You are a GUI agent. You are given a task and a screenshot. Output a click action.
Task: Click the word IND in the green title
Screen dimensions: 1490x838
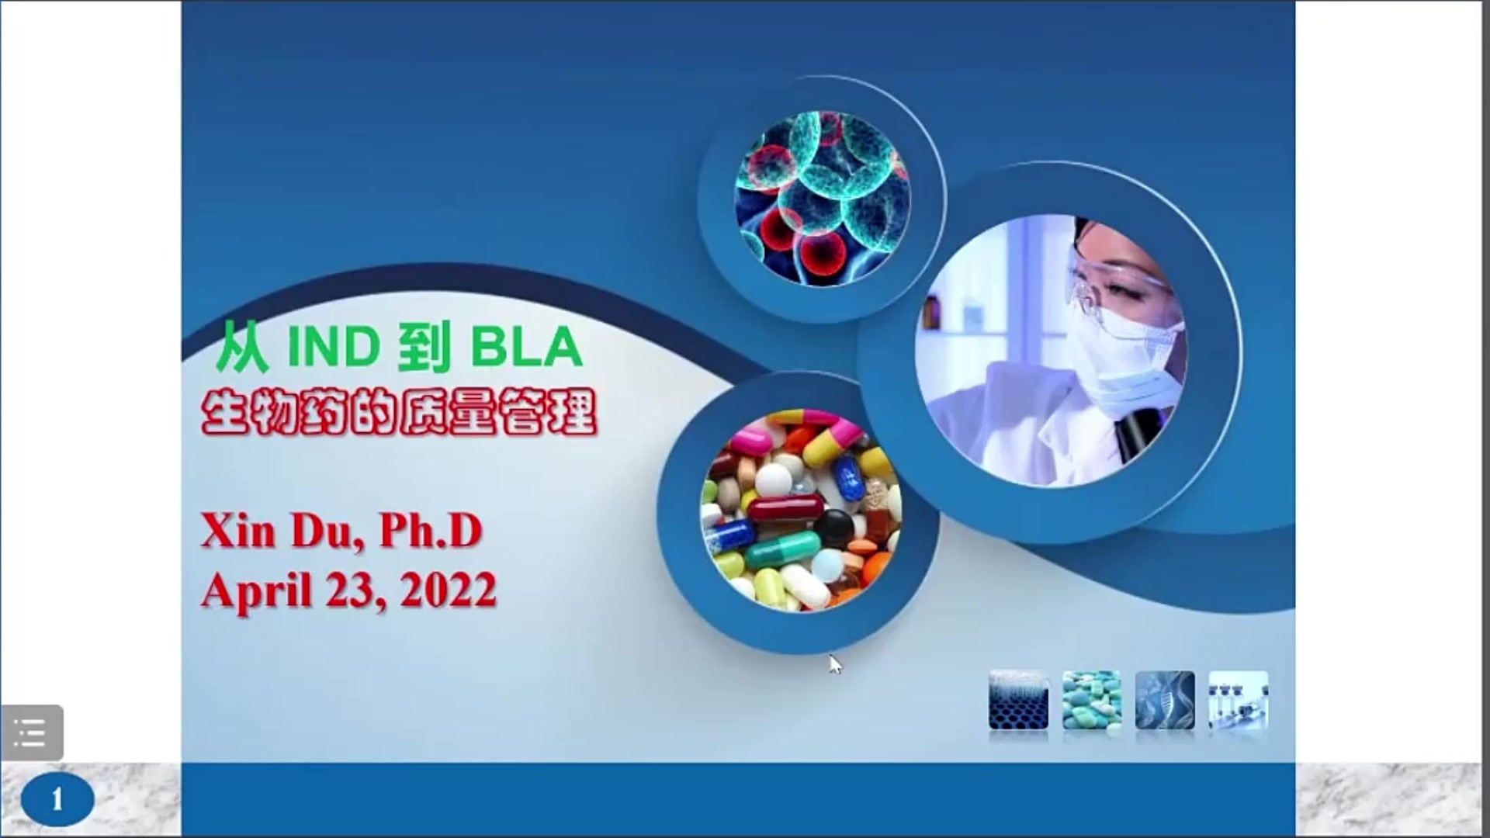point(334,347)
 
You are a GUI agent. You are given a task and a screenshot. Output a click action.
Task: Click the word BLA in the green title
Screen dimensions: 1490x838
point(526,347)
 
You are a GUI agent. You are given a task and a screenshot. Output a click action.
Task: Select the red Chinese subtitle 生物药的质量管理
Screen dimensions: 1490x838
point(399,412)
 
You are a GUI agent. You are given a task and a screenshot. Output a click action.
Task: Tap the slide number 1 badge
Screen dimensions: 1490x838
point(57,799)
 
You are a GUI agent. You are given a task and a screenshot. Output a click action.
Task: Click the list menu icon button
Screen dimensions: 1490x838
point(31,732)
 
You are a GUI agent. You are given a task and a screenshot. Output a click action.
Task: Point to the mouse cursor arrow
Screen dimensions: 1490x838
point(835,665)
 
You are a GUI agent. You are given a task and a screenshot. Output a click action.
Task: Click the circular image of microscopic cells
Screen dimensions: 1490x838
point(822,199)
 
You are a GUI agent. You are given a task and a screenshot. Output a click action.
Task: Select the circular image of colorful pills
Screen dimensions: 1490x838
point(801,511)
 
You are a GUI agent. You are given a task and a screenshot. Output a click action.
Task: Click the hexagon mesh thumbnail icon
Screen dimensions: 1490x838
point(1018,701)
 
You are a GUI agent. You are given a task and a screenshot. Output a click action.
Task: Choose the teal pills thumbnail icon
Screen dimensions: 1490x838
point(1091,701)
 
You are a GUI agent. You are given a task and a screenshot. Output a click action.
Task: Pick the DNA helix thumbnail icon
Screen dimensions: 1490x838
point(1165,701)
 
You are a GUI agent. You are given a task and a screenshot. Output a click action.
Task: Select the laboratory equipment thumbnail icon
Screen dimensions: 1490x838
point(1239,701)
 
